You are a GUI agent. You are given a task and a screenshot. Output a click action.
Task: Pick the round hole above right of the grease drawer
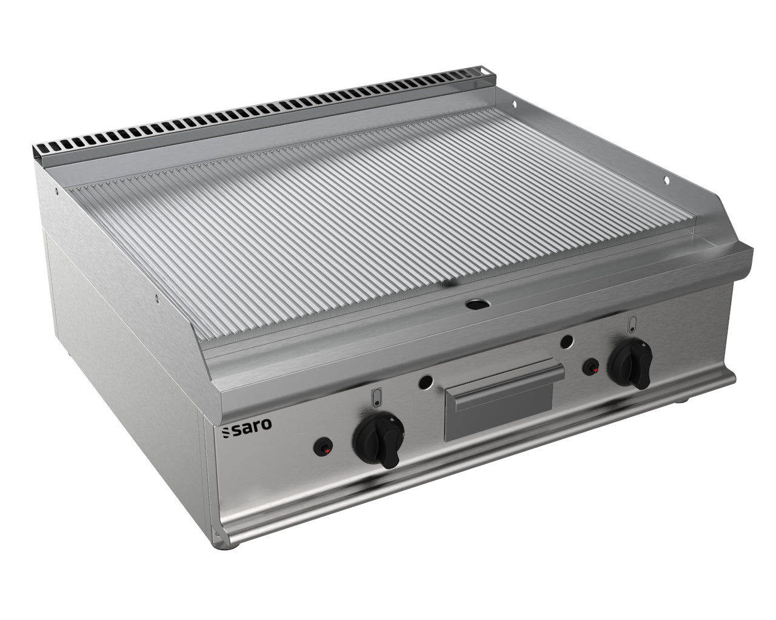(567, 341)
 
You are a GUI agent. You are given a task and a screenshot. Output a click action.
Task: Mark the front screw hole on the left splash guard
(156, 298)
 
